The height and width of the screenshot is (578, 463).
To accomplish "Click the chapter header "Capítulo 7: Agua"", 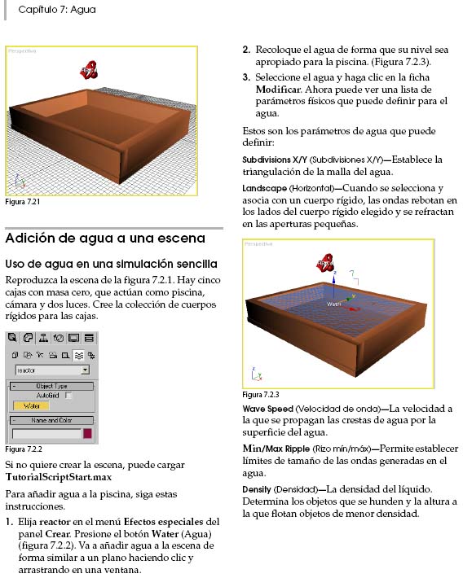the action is pos(57,10).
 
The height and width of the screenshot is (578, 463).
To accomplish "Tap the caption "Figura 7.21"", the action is pos(23,202).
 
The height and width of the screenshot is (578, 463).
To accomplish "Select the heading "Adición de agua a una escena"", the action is pos(105,239).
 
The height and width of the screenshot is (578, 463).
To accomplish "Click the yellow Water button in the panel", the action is pos(32,406).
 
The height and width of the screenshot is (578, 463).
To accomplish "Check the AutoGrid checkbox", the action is pos(68,396).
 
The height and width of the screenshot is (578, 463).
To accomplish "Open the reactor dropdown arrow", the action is pos(86,370).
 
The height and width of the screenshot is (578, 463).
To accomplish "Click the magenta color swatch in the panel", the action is pos(87,433).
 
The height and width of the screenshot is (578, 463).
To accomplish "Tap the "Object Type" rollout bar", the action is pos(51,386).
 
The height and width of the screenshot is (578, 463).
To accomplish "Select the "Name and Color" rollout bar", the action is pos(51,420).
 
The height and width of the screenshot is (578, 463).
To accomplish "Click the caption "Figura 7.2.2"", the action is pos(24,449).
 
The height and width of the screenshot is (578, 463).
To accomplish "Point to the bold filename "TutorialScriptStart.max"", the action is pos(59,477).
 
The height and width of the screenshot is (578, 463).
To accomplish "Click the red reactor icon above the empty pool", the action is pos(89,70).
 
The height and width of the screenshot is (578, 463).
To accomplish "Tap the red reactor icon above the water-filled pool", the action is pos(326,263).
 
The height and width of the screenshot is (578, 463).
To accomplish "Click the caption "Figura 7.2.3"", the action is pos(261,395).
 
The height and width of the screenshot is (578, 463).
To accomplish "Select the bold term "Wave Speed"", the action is pos(267,409).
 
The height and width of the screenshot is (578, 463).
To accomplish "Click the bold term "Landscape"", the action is pos(264,188).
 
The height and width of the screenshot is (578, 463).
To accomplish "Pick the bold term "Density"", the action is pos(257,489).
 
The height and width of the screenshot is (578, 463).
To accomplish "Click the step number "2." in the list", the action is pos(246,50).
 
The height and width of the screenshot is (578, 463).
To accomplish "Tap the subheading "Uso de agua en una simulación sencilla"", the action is pos(111,264).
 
